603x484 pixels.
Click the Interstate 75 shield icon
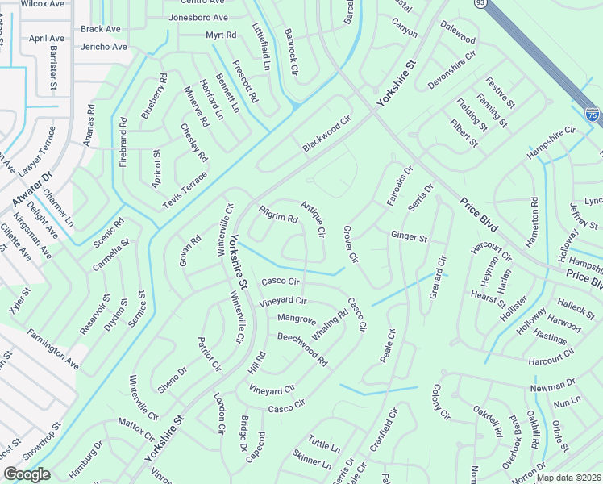point(593,115)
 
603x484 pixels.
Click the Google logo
point(27,474)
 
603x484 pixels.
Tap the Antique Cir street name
point(313,219)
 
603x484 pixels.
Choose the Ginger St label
point(408,237)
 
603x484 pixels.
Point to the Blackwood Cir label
point(328,135)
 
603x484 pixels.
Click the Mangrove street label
point(297,319)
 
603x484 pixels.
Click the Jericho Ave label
point(103,47)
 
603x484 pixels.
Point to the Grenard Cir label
point(437,277)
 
